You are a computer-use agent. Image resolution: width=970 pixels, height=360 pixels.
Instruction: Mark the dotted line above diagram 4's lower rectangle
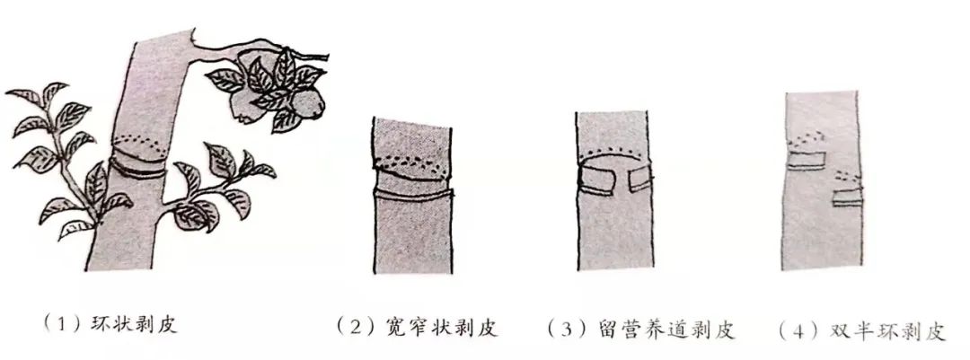click(x=850, y=180)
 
